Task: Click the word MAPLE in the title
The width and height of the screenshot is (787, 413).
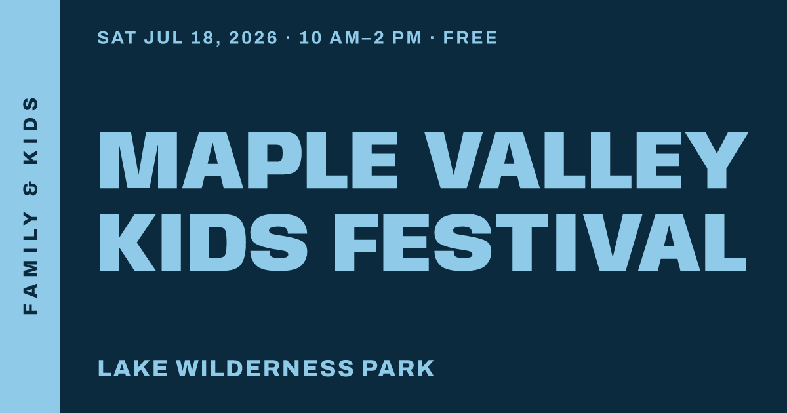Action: [249, 160]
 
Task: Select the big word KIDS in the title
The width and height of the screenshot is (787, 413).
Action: [204, 243]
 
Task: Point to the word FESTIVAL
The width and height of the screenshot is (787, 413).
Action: [540, 243]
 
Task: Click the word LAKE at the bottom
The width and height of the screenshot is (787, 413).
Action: [133, 368]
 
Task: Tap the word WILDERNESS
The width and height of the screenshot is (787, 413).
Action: [264, 368]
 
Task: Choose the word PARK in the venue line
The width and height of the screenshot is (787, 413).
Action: [398, 368]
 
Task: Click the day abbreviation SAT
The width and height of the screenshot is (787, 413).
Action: [117, 37]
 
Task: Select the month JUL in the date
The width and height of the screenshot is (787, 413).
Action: [163, 37]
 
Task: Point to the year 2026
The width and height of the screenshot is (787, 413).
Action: [253, 37]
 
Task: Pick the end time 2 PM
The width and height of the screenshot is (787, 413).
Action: [397, 37]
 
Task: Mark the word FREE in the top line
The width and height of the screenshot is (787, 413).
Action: [470, 37]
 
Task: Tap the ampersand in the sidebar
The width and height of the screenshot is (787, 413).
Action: [31, 188]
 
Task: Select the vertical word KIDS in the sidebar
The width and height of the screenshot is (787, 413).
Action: [31, 130]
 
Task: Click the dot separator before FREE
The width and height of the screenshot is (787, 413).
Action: [432, 38]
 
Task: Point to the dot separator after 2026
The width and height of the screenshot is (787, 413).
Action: [289, 38]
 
